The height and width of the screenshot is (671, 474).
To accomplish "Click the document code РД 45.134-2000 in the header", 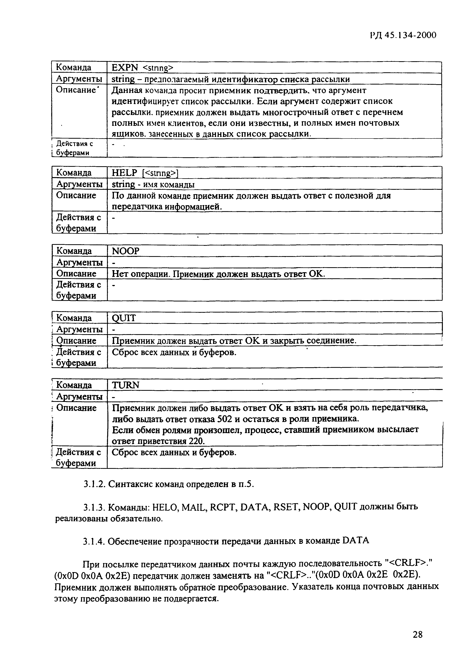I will coord(403,35).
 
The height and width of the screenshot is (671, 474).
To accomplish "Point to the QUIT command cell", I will coord(124,318).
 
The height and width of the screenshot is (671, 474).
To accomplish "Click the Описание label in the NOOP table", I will coord(76,274).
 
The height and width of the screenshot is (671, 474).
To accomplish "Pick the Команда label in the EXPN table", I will coord(74,68).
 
